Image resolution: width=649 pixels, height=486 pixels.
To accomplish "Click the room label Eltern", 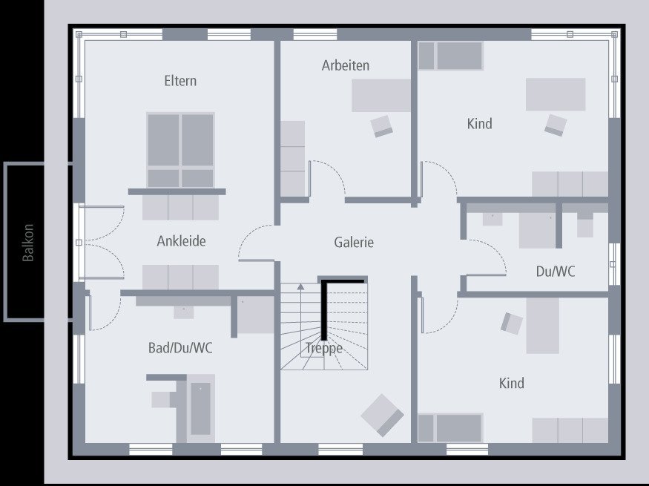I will (180, 81).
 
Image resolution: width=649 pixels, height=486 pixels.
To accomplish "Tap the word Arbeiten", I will (345, 65).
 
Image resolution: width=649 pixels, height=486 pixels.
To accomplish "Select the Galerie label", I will (354, 242).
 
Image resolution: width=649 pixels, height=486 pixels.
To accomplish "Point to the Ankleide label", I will (181, 241).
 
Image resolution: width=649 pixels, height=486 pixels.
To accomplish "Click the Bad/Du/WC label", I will (180, 347).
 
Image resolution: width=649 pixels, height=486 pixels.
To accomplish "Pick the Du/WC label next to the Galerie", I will (555, 272).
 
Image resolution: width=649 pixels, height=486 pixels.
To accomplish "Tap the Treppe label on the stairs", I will (323, 348).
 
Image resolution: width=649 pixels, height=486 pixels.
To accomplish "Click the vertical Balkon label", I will (28, 242).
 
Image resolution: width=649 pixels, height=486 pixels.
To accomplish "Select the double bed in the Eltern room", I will (180, 149).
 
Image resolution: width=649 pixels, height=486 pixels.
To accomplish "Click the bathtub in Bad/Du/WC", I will (200, 408).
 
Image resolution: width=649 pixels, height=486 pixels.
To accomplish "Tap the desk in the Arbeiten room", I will (380, 95).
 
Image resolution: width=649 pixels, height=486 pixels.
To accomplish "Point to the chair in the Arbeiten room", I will (382, 125).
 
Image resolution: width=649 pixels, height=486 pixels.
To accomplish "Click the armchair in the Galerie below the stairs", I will (382, 414).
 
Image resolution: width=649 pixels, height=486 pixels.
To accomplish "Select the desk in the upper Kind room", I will (556, 94).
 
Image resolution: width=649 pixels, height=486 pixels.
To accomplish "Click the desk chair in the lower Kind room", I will (512, 322).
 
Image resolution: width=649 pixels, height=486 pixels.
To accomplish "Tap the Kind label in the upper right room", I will (479, 124).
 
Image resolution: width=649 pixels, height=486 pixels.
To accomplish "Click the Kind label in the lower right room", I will (511, 383).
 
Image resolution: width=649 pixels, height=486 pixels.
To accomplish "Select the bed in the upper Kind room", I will (450, 56).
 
